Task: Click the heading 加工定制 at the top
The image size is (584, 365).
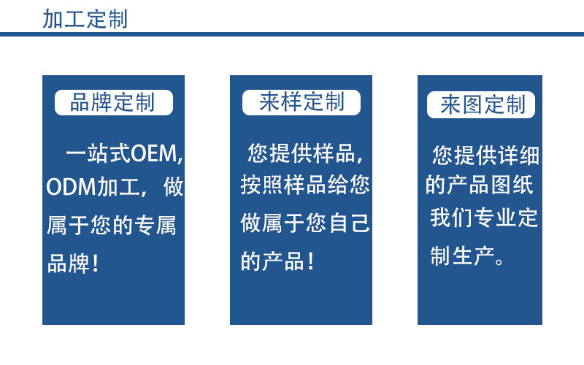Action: (x=85, y=18)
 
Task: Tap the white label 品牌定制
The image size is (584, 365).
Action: (x=113, y=103)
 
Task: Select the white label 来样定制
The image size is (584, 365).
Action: (x=301, y=102)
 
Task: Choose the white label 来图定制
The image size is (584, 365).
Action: (x=482, y=105)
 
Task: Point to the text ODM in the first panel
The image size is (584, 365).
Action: (x=67, y=188)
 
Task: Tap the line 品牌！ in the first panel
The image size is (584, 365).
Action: (x=74, y=264)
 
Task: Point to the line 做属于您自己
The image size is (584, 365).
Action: (x=305, y=223)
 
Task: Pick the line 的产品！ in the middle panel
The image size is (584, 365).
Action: (x=278, y=261)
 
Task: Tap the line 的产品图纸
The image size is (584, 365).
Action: (x=480, y=185)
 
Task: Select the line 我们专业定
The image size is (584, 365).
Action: (x=484, y=218)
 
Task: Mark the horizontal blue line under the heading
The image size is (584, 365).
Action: (x=292, y=34)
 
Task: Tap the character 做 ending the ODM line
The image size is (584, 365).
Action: (x=174, y=188)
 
